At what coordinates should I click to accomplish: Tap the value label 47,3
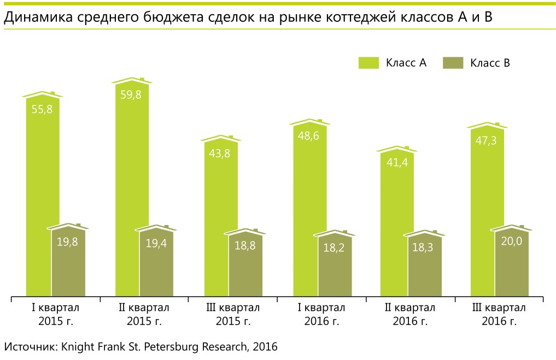click(485, 141)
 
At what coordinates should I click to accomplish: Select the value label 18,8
click(245, 246)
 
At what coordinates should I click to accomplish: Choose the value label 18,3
click(423, 247)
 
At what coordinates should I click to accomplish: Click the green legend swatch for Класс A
click(368, 63)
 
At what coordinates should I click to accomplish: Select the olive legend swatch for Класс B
click(452, 63)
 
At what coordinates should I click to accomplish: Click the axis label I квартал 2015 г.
click(55, 315)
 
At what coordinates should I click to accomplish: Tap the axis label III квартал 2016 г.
click(499, 315)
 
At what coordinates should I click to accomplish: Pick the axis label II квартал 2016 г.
click(410, 315)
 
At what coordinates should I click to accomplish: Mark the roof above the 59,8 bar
click(132, 81)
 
